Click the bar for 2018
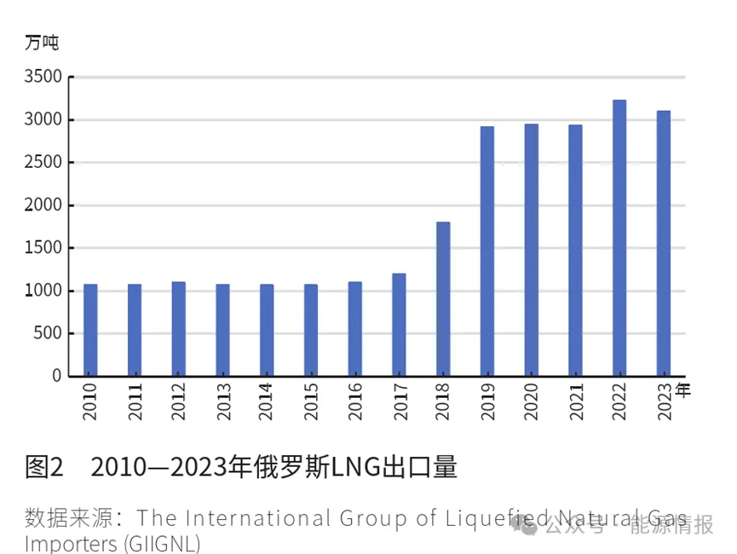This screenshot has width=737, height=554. [x=443, y=298]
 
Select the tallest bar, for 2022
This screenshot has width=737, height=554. [x=619, y=238]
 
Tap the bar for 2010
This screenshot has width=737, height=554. [x=90, y=330]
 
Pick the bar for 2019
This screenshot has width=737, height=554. [x=487, y=251]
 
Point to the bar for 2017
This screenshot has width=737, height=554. [x=399, y=324]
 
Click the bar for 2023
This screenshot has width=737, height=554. [x=664, y=243]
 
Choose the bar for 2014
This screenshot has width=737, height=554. [x=267, y=330]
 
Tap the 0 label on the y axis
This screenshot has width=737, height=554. [x=56, y=376]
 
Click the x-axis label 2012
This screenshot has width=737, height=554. [x=179, y=401]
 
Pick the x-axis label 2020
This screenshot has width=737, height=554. [x=532, y=401]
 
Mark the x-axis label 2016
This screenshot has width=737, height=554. [x=355, y=401]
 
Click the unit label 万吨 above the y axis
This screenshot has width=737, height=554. [x=42, y=42]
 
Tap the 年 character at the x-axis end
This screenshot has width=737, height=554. [x=683, y=390]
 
